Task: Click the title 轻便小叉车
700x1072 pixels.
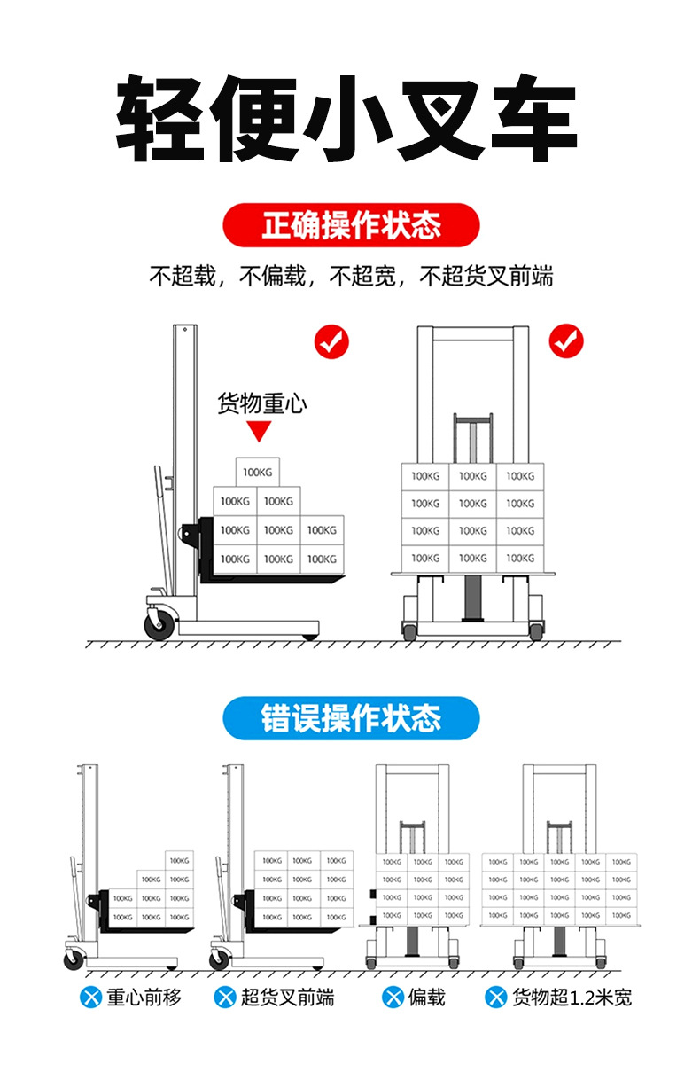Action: (347, 119)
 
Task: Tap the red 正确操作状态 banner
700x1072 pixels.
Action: (351, 225)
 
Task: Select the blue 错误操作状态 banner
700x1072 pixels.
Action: (351, 717)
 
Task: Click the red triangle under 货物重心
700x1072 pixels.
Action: (259, 432)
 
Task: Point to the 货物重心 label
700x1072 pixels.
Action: (262, 404)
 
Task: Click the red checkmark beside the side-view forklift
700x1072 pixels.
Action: (332, 341)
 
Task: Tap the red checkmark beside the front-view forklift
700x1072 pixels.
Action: (566, 340)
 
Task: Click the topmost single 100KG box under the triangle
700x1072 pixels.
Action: (257, 472)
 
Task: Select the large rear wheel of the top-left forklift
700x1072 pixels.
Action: (160, 620)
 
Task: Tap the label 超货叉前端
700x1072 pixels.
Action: (287, 998)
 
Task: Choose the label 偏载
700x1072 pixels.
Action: (426, 998)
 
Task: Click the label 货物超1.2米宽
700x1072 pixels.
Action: (572, 998)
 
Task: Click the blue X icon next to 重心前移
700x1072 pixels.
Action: (90, 998)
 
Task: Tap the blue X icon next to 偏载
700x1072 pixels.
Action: (393, 998)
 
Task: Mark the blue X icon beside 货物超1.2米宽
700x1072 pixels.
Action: (495, 998)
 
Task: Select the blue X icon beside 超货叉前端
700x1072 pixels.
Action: (225, 998)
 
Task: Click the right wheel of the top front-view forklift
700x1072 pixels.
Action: (536, 631)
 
